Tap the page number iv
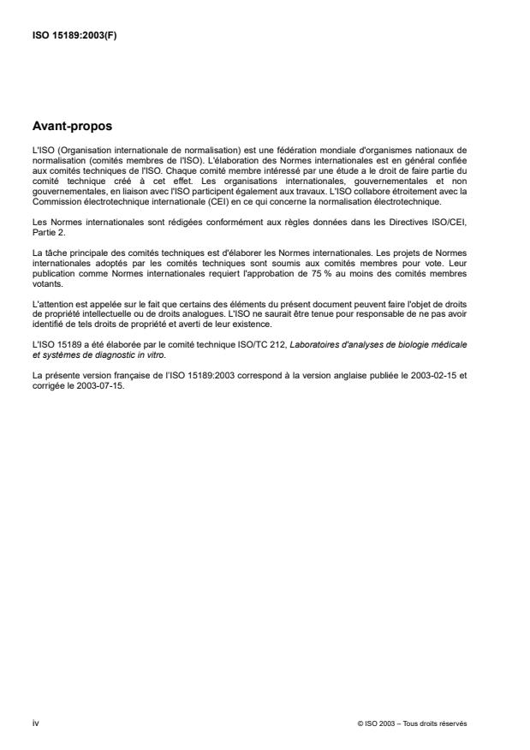pyautogui.click(x=35, y=723)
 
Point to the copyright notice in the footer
pyautogui.click(x=412, y=724)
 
